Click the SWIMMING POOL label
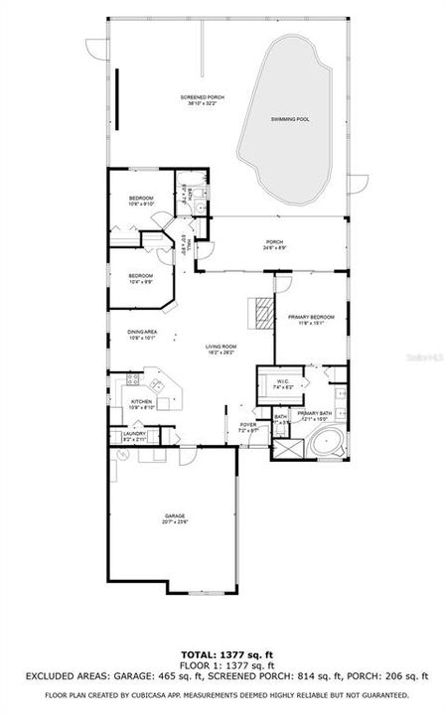tap(290, 119)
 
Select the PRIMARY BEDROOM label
tap(310, 319)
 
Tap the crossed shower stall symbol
tap(288, 448)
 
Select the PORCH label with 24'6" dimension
tap(274, 244)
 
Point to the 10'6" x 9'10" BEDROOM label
tap(141, 202)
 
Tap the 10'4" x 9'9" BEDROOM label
tap(141, 278)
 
